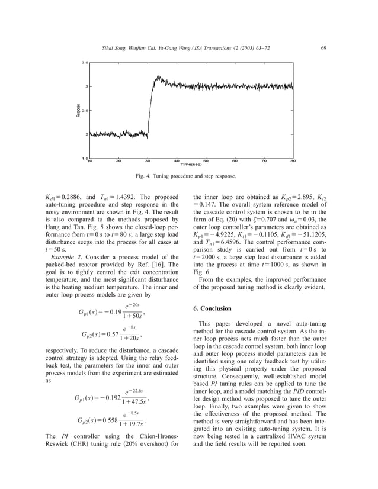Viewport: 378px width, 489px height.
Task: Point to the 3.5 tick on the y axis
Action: [85, 62]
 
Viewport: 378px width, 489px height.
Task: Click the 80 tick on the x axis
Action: [293, 160]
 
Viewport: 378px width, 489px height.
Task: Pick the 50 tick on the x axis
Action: [206, 160]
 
